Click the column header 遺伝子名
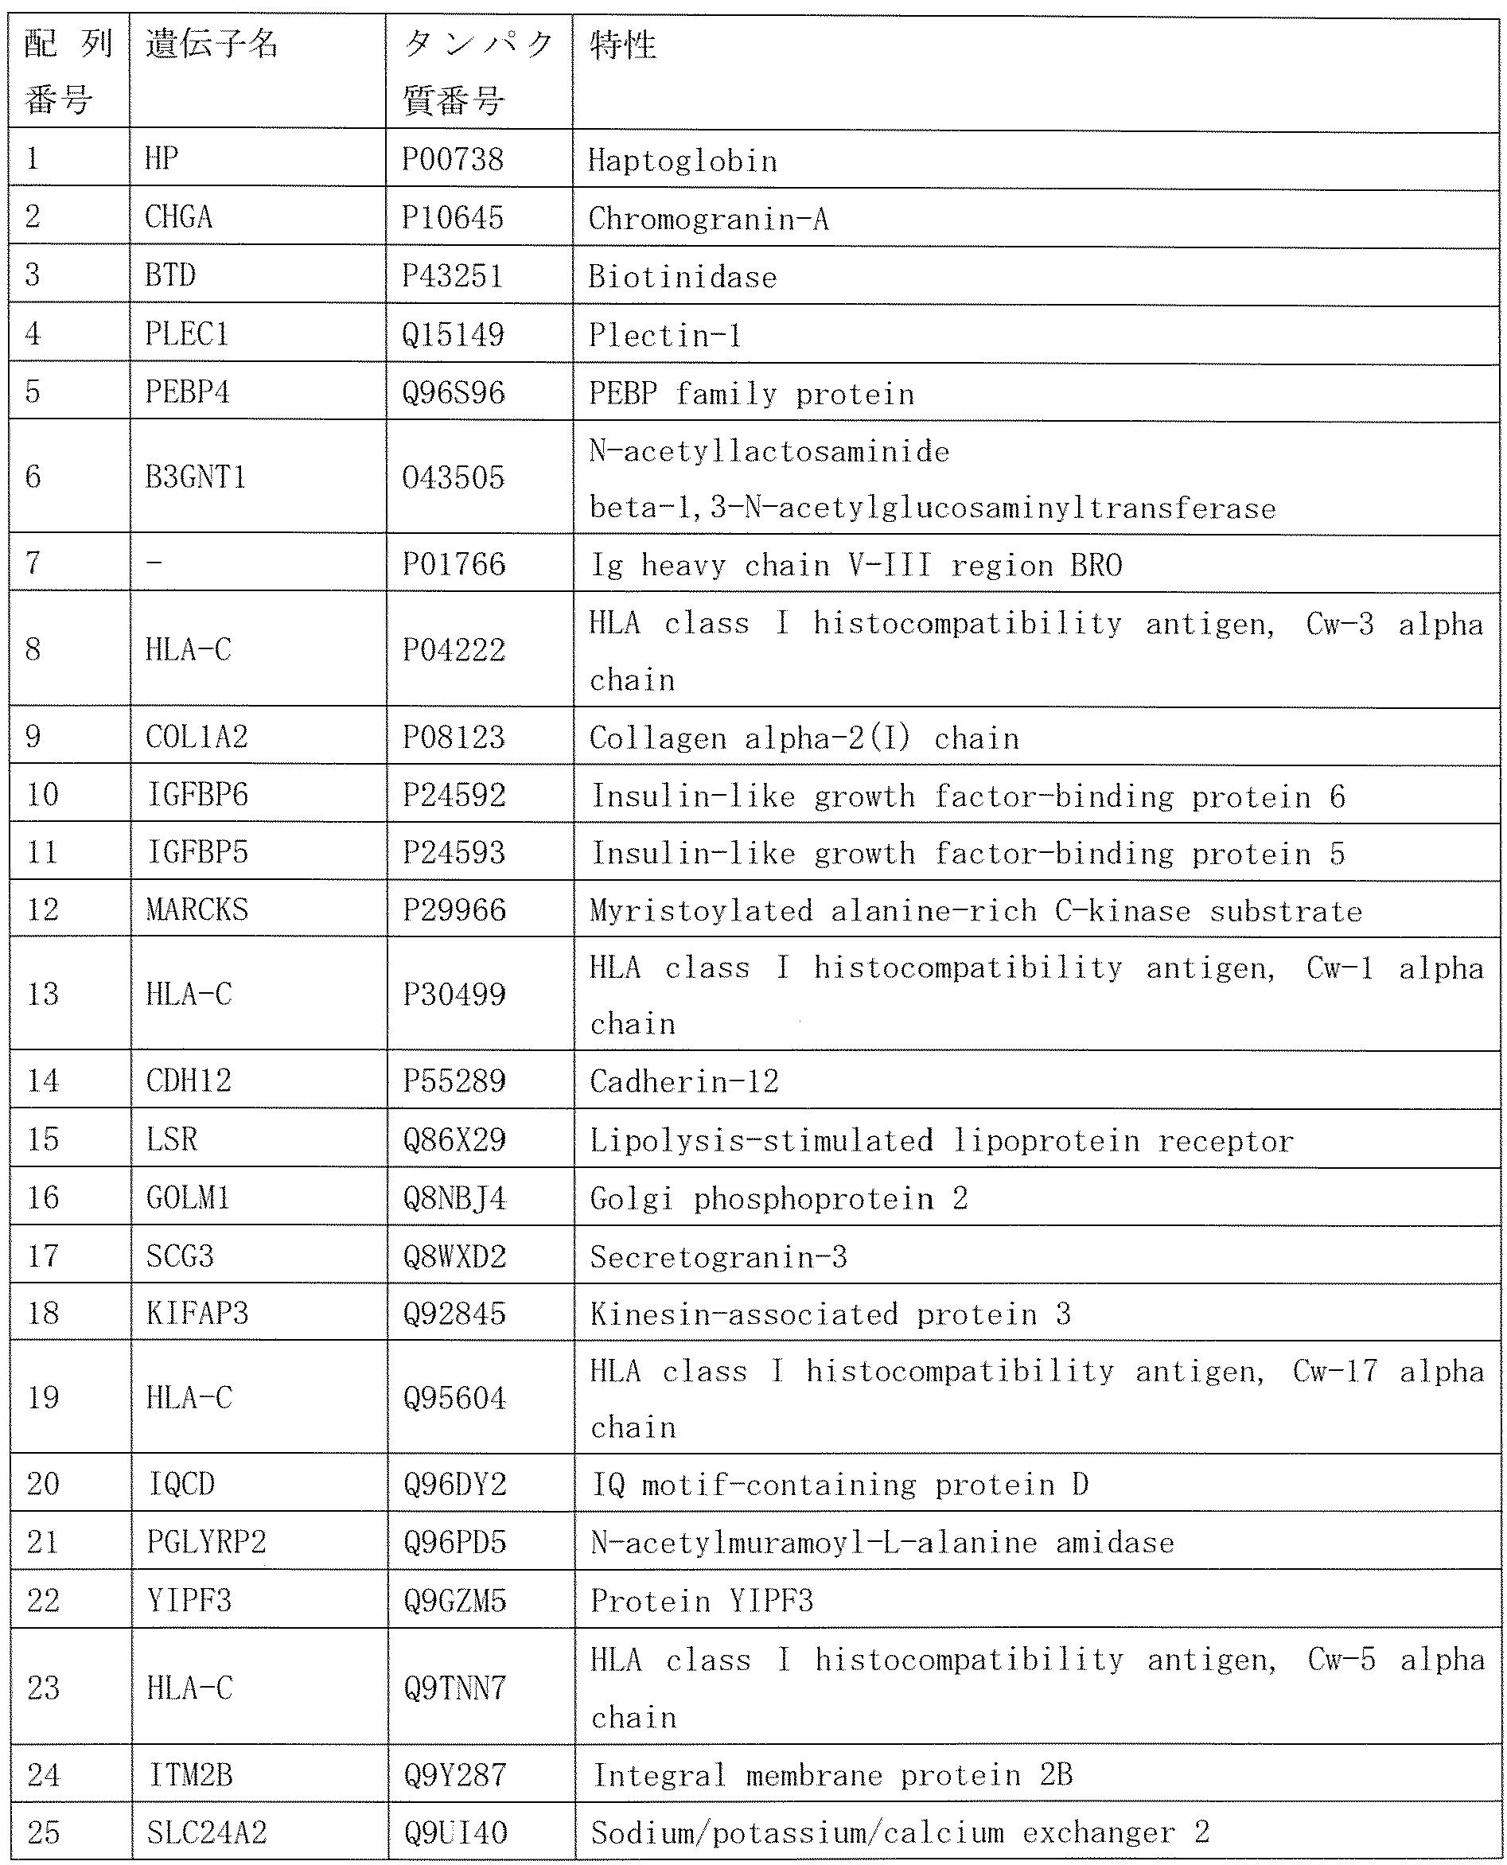(x=212, y=44)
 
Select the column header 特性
(x=622, y=45)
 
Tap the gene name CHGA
(x=179, y=217)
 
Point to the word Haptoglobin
(x=683, y=161)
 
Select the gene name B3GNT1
(x=195, y=477)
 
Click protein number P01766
(x=454, y=564)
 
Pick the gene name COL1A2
(x=197, y=737)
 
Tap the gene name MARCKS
(x=197, y=909)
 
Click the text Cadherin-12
(x=684, y=1081)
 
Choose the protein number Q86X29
(x=454, y=1139)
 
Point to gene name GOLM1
(x=189, y=1197)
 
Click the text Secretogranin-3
(x=718, y=1256)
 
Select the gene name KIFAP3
(x=197, y=1313)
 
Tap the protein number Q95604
(x=454, y=1398)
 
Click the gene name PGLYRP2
(x=206, y=1542)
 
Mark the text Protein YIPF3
(x=702, y=1600)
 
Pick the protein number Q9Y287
(x=454, y=1775)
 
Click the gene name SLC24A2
(x=207, y=1833)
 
